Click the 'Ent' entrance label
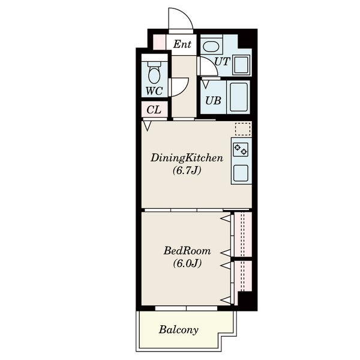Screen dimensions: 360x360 182,44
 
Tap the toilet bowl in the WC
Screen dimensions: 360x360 154,73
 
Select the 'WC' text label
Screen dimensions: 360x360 154,91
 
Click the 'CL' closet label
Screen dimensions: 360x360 154,110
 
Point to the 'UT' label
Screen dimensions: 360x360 222,62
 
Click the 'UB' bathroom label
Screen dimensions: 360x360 213,101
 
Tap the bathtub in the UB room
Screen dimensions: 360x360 239,97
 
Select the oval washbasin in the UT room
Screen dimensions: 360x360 211,47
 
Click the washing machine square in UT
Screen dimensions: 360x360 241,65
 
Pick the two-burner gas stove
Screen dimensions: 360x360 241,149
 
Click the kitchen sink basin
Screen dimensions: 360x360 241,173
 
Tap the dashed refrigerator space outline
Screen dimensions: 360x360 242,129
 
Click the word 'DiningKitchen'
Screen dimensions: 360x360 187,158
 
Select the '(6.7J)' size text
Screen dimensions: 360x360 187,170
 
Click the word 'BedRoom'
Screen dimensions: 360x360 187,251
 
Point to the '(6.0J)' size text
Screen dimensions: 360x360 187,263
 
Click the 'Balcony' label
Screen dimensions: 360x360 179,329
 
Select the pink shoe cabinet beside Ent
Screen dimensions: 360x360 159,41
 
